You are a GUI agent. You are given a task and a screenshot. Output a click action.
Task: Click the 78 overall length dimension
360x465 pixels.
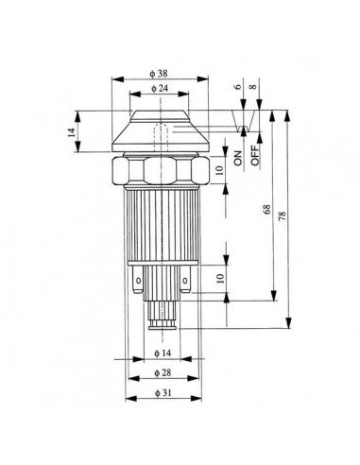[x=282, y=216]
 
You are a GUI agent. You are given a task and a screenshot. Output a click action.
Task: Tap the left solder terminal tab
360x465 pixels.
[x=138, y=281]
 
